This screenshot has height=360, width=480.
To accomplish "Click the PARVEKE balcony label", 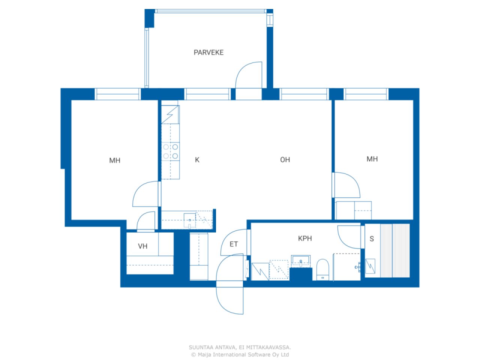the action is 208,52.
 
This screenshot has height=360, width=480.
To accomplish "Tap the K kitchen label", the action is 197,160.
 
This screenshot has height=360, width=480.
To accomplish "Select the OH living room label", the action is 285,160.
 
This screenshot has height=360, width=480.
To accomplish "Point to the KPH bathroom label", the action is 305,238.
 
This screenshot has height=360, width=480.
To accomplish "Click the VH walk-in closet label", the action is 142,246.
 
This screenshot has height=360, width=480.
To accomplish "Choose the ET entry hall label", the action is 234,244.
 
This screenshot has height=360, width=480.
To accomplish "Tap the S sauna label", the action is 372,239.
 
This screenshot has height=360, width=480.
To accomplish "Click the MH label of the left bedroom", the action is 115,160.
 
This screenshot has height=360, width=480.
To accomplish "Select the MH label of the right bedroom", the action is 372,159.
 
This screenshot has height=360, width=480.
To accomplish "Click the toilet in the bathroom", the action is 322,270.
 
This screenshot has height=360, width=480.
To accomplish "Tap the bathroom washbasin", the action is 301,261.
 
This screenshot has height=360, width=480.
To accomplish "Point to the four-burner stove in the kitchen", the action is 171,151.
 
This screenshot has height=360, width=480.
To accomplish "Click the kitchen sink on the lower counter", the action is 190,221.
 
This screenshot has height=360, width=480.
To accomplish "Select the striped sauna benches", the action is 395,250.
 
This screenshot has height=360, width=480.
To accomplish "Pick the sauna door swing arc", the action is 344,241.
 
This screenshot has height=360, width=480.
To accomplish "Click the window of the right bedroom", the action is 366,94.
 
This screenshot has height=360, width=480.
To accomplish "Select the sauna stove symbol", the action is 370,266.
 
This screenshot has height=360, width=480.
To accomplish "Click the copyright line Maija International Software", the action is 240,354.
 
